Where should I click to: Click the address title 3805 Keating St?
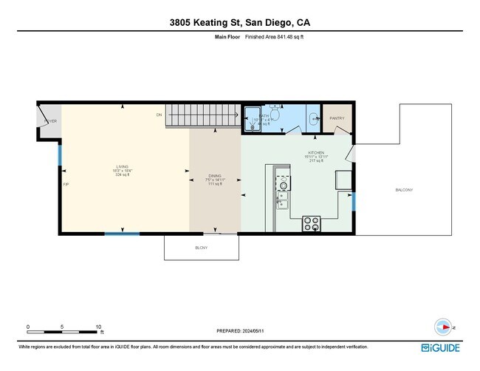tap(240, 22)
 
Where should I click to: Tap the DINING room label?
tap(215, 176)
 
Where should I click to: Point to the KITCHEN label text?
tap(316, 153)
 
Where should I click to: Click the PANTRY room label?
tap(337, 118)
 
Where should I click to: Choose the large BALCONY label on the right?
tap(404, 190)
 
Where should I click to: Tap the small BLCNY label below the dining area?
tap(201, 248)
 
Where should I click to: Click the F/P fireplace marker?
tap(66, 184)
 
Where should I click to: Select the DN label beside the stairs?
tap(159, 115)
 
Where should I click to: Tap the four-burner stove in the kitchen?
tap(311, 222)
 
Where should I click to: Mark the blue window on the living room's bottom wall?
tap(122, 234)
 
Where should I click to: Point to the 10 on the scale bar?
tap(97, 326)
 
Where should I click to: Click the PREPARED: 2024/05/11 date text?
tap(241, 331)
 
